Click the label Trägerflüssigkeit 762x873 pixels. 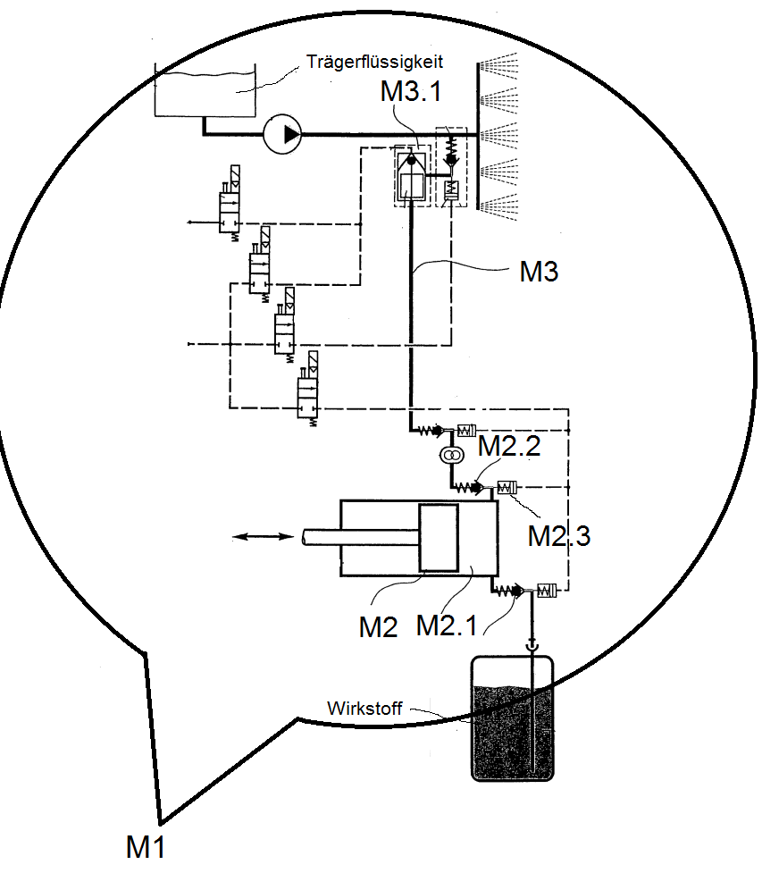[x=374, y=62]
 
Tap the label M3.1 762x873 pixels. [x=411, y=91]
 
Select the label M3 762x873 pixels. [x=539, y=272]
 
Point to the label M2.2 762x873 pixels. [x=509, y=446]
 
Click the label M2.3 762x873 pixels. [x=558, y=535]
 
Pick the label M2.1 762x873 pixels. [x=447, y=625]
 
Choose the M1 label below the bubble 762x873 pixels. [x=146, y=847]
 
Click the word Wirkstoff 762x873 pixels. [x=364, y=709]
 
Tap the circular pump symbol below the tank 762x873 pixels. [x=283, y=134]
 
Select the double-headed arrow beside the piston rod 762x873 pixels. [x=262, y=537]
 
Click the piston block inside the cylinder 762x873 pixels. [x=439, y=538]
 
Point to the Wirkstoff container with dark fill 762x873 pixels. [x=512, y=718]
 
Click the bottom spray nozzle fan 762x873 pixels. [x=499, y=206]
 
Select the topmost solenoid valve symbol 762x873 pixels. [x=230, y=203]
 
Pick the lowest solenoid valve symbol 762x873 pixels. [x=308, y=390]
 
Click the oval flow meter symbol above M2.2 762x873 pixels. [x=452, y=456]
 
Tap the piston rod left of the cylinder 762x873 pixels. [x=361, y=537]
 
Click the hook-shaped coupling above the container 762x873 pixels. [x=532, y=645]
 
